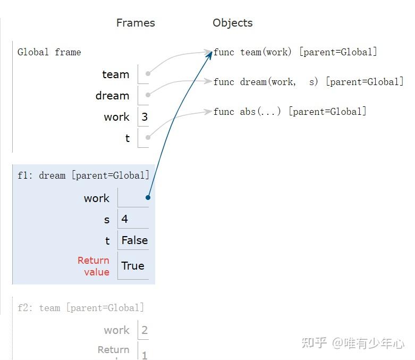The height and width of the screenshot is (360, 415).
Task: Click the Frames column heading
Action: pyautogui.click(x=135, y=23)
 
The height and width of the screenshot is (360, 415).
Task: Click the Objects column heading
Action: pyautogui.click(x=232, y=23)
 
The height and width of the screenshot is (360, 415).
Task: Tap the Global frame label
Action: pyautogui.click(x=49, y=52)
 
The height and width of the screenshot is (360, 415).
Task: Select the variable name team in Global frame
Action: pyautogui.click(x=115, y=75)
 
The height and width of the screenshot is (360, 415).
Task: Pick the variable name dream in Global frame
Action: pyautogui.click(x=112, y=96)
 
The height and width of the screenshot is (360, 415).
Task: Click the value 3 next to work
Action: pyautogui.click(x=145, y=117)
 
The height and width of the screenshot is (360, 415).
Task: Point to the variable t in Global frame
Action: pyautogui.click(x=128, y=138)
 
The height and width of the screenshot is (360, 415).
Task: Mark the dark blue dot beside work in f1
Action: pyautogui.click(x=148, y=198)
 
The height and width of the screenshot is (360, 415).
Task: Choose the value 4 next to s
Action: pyautogui.click(x=125, y=219)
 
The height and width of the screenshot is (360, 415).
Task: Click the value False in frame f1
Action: pyautogui.click(x=134, y=240)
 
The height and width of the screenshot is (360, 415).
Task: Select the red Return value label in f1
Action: pyautogui.click(x=94, y=266)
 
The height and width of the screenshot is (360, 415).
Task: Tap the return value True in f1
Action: pyautogui.click(x=133, y=266)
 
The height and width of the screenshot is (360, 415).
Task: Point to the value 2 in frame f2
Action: pyautogui.click(x=145, y=330)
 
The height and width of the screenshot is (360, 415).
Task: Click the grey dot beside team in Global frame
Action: pyautogui.click(x=148, y=74)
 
